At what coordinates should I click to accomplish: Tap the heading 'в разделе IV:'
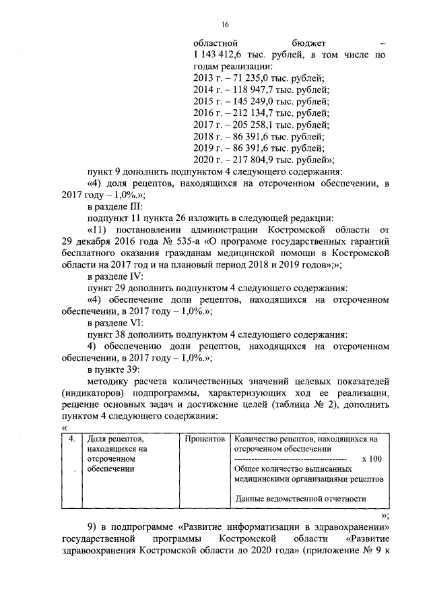click(x=115, y=276)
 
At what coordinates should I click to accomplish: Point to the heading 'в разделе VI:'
click(x=115, y=322)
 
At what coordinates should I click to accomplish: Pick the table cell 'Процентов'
click(x=205, y=439)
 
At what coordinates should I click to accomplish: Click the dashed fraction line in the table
click(x=290, y=458)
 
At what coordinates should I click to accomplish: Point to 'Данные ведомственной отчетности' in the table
click(x=300, y=499)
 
